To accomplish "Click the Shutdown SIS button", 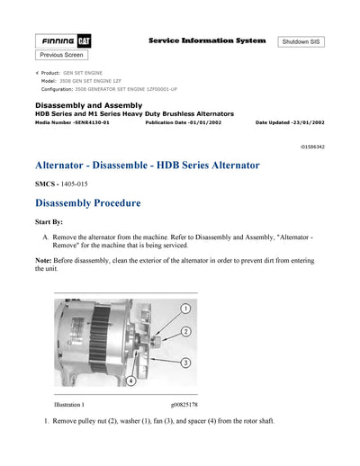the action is coord(301,42).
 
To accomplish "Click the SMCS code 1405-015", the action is coord(68,184).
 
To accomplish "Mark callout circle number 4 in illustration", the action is coord(130,381).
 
